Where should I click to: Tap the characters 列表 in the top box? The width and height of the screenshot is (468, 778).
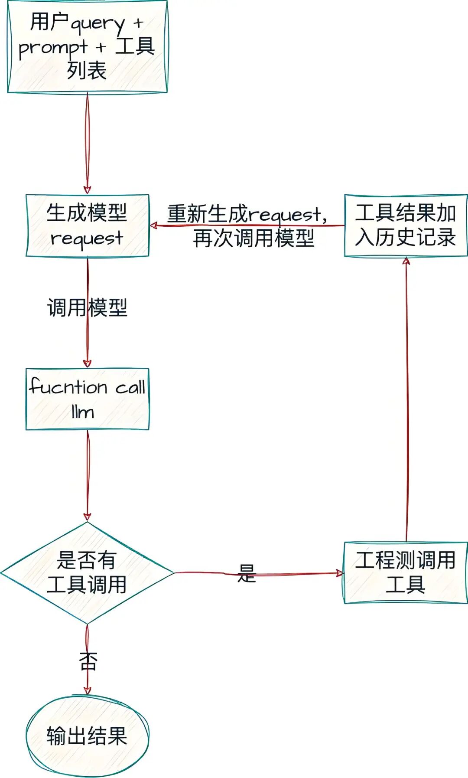(87, 71)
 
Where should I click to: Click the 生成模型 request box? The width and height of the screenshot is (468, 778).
(87, 226)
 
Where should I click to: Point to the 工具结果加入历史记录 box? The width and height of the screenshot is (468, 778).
(406, 226)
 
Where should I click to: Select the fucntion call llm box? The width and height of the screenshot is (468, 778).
(87, 399)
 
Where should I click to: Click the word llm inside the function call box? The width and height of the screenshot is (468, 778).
(83, 412)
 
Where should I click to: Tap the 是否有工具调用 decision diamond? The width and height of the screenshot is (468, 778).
(87, 572)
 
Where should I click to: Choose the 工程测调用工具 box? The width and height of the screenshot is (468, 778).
(406, 572)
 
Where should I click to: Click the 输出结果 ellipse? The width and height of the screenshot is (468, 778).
(87, 736)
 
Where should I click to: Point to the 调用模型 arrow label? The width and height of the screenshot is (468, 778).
(87, 308)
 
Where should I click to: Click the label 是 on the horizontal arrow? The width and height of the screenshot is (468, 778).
(247, 573)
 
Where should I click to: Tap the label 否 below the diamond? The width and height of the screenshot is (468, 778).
(88, 661)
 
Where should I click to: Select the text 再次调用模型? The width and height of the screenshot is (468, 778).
(253, 239)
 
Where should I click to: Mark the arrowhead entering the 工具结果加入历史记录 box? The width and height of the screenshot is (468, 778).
(406, 261)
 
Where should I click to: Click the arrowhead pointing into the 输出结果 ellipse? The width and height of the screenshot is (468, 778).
(87, 690)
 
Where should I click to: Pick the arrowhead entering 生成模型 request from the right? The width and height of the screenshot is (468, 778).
(153, 226)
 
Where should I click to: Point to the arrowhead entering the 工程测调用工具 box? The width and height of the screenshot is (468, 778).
(340, 573)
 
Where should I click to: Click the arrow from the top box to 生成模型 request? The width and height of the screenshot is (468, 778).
(87, 143)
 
